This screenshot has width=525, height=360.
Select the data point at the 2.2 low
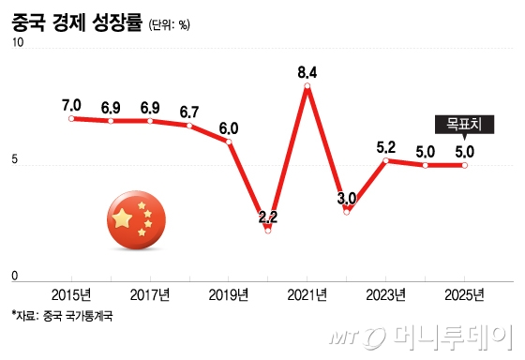(268, 230)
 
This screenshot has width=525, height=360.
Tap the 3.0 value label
(346, 198)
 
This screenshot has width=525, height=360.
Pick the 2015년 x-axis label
(71, 294)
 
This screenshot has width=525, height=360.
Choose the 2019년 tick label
(229, 294)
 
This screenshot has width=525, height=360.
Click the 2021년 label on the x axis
(307, 294)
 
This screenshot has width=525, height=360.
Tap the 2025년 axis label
(464, 294)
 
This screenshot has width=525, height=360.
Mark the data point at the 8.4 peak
(307, 86)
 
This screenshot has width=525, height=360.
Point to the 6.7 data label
(189, 111)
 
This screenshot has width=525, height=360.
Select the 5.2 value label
(385, 146)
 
